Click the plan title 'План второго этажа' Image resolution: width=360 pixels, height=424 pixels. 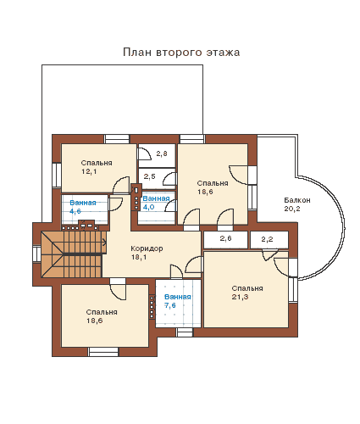coord(181,53)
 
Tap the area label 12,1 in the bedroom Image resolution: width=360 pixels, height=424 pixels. coord(89,171)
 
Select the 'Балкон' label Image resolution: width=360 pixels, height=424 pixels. coord(297,200)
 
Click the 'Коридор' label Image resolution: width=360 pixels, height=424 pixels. coord(147,248)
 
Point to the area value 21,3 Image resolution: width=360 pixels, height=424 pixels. coord(240,297)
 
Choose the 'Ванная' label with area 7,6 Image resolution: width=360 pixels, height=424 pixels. coord(178,297)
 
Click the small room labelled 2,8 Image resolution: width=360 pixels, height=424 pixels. coord(157,155)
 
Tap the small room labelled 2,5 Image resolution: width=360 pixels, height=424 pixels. coord(157,179)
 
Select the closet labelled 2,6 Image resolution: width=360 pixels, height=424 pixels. coord(225,240)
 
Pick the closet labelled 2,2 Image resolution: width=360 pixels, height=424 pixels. coord(269,240)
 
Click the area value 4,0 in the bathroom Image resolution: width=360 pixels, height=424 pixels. coord(149,207)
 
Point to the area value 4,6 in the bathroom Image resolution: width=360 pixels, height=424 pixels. coord(75,211)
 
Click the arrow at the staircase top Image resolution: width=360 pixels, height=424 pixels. coord(104,242)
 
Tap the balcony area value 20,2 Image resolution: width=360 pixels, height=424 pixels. coord(292,209)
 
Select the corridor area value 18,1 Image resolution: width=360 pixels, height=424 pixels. coord(139,257)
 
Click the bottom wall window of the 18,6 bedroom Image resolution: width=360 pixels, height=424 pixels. coord(103,352)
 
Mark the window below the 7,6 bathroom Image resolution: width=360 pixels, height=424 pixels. coord(185,332)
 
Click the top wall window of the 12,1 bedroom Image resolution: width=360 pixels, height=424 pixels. coord(117,139)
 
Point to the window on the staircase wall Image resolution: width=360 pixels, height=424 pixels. coord(37,254)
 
